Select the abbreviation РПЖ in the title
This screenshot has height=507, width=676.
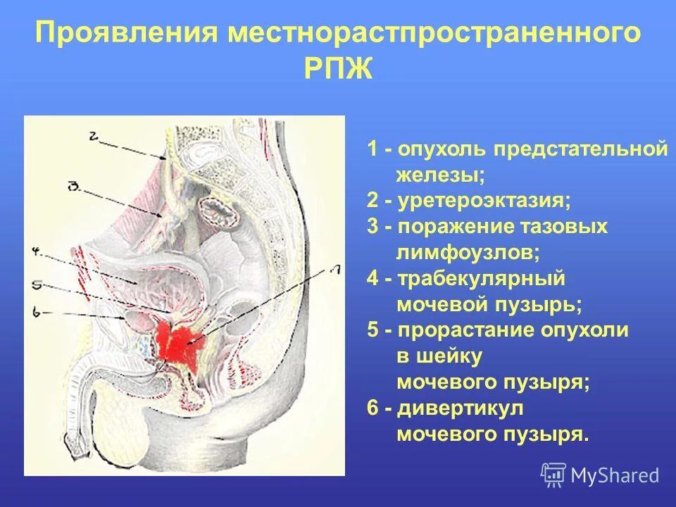pos(338,70)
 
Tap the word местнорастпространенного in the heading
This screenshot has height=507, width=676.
pos(433,34)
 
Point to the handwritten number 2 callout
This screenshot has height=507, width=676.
pos(96,136)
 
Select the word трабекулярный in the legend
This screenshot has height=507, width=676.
pos(481,279)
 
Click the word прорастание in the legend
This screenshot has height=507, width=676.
pos(467,330)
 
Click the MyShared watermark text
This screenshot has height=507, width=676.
pos(615,476)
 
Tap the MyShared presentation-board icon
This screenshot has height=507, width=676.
pos(553,475)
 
